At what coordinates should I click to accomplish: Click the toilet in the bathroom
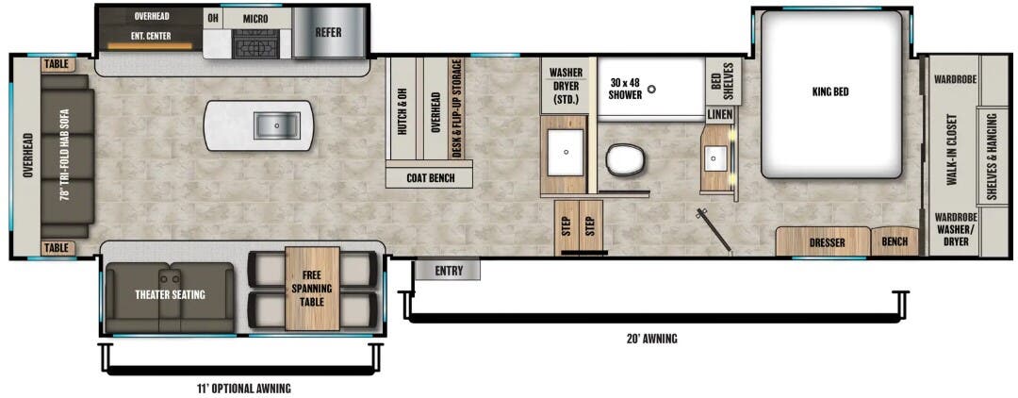click(x=623, y=161)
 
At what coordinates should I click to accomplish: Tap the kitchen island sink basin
click(x=274, y=124)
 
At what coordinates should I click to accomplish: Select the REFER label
click(x=328, y=32)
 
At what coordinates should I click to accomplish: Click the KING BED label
click(x=830, y=92)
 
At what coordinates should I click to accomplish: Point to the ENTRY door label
click(x=448, y=271)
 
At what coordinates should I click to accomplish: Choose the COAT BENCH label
click(x=429, y=177)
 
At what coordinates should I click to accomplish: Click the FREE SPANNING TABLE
click(x=312, y=288)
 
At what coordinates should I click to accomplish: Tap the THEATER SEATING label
click(x=170, y=294)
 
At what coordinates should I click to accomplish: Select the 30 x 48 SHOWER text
click(x=626, y=88)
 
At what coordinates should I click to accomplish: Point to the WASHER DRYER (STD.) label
click(x=566, y=87)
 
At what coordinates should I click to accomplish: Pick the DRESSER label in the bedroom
click(x=827, y=243)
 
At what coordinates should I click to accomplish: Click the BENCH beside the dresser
click(x=895, y=242)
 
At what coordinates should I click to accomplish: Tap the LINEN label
click(x=719, y=114)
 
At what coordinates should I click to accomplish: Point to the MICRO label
click(x=254, y=19)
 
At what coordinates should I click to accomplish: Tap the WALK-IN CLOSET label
click(x=952, y=152)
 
